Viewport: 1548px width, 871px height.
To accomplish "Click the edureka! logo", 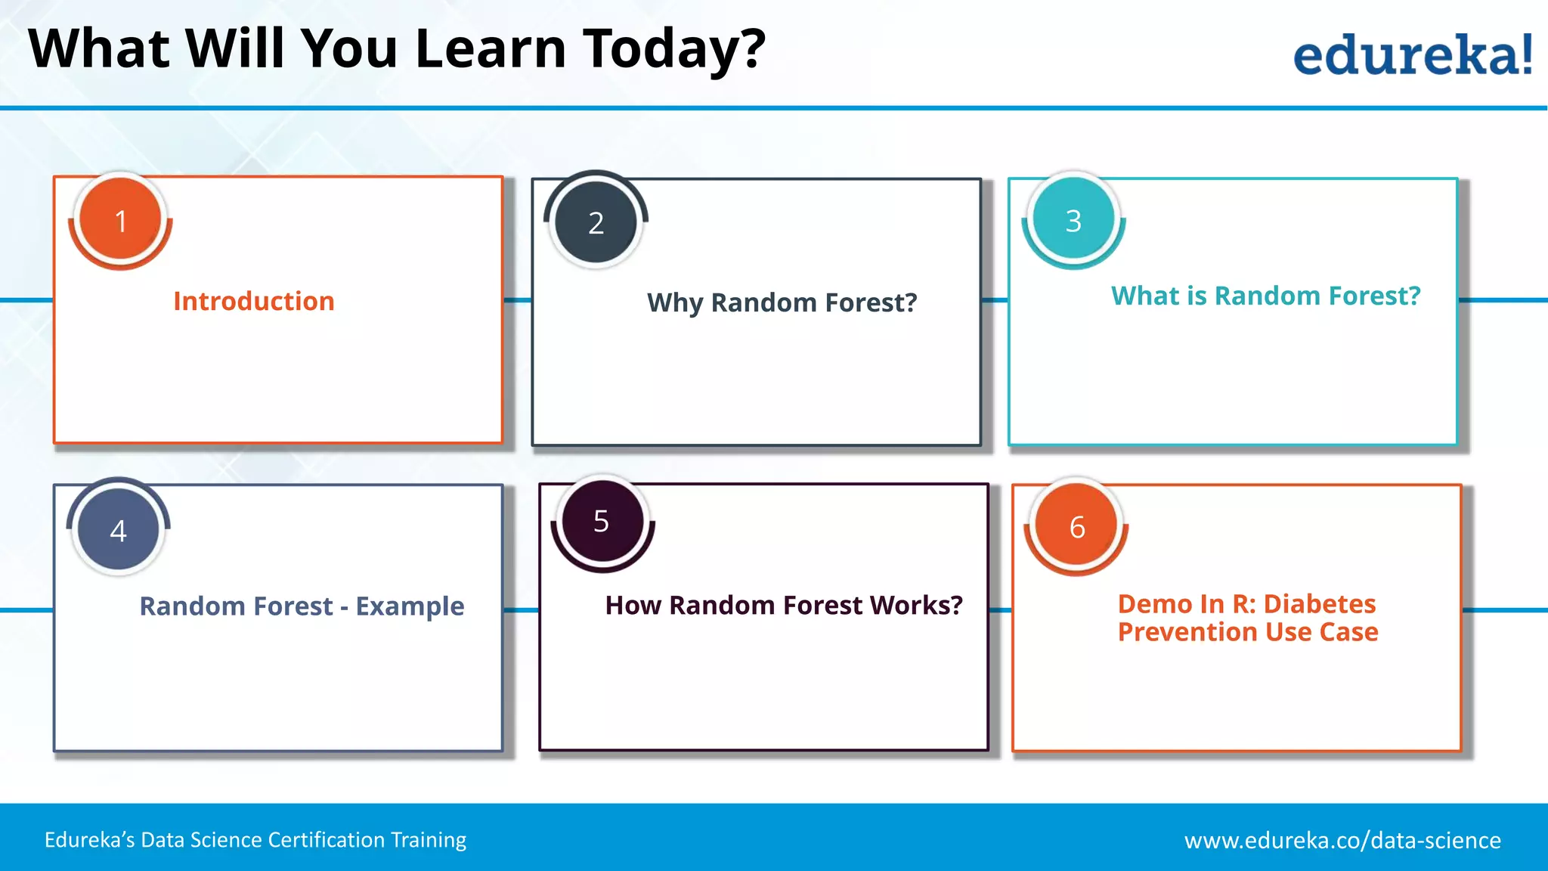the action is pyautogui.click(x=1413, y=54).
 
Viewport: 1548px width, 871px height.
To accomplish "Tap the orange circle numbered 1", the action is pyautogui.click(x=120, y=219).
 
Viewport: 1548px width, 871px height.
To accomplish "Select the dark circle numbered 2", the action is pyautogui.click(x=596, y=222).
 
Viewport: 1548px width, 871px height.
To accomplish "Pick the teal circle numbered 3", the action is pyautogui.click(x=1073, y=220).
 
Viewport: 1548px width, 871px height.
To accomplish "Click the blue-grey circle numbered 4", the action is pyautogui.click(x=119, y=529).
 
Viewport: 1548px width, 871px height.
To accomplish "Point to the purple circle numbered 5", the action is pyautogui.click(x=602, y=521).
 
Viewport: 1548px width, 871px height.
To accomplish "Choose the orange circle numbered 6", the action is pyautogui.click(x=1076, y=525).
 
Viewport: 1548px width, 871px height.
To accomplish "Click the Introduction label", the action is pyautogui.click(x=254, y=301).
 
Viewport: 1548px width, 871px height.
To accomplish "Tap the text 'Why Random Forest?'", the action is pyautogui.click(x=782, y=302).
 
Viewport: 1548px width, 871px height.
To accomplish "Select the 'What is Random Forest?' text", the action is pyautogui.click(x=1266, y=296).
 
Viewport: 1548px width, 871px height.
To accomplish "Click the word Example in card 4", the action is pyautogui.click(x=410, y=606).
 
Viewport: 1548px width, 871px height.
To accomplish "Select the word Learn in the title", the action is pyautogui.click(x=491, y=48).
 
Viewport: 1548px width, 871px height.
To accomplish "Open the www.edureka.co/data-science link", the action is pyautogui.click(x=1342, y=840).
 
